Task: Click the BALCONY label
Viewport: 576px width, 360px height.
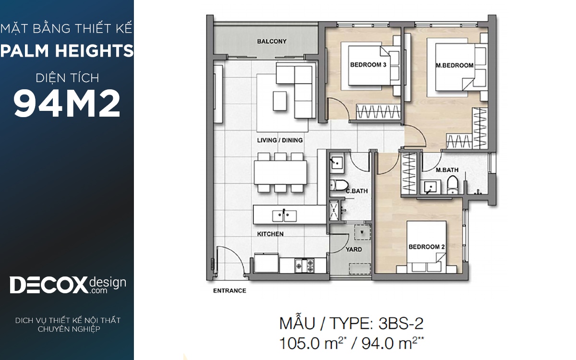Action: [x=272, y=41]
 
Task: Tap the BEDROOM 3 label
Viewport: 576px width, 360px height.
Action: [x=368, y=65]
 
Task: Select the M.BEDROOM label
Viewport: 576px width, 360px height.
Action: [x=455, y=66]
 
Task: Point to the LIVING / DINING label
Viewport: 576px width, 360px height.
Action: [x=280, y=140]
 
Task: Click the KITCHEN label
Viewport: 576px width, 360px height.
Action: [x=270, y=234]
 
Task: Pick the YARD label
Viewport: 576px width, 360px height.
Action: [x=354, y=250]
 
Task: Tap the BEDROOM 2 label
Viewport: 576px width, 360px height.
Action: [x=427, y=247]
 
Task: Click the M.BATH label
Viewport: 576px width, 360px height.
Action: [x=447, y=170]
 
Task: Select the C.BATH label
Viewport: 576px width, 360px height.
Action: [x=357, y=191]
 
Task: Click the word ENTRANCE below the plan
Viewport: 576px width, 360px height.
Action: [x=229, y=290]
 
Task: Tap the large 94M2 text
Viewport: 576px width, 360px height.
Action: [x=67, y=103]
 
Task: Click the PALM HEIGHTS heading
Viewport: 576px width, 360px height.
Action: [x=67, y=51]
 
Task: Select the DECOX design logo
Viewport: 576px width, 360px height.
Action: [x=68, y=285]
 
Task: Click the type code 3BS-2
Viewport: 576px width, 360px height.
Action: [x=401, y=324]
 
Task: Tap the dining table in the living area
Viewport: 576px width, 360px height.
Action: [x=280, y=172]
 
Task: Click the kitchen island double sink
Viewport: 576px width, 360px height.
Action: [x=284, y=216]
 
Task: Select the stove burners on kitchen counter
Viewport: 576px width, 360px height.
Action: [x=304, y=265]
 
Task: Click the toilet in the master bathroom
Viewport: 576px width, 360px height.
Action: [x=452, y=184]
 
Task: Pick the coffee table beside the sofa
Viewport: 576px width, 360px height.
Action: [x=279, y=101]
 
